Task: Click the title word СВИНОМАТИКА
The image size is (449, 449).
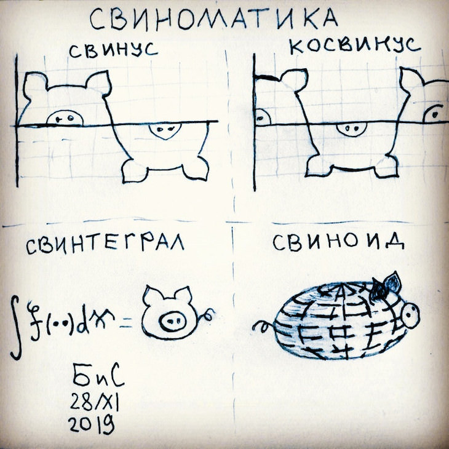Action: (214, 19)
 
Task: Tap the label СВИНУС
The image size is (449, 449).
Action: (113, 50)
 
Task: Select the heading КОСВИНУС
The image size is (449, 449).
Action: (355, 46)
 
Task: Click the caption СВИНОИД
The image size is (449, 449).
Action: (338, 242)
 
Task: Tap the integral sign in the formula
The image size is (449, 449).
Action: (16, 327)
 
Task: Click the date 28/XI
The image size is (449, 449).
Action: (95, 401)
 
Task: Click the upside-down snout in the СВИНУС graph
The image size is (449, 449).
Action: (165, 130)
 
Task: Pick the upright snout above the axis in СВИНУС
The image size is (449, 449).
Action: (65, 118)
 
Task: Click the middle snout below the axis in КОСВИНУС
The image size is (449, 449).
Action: (352, 129)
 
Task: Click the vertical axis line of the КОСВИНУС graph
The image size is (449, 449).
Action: (254, 122)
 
